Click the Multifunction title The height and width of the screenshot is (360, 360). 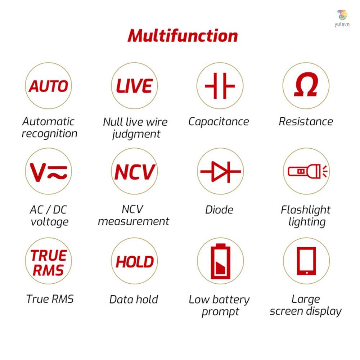click(183, 36)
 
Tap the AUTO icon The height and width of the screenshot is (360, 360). click(49, 86)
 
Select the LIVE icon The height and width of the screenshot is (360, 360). click(135, 86)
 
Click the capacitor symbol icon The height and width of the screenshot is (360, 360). click(220, 86)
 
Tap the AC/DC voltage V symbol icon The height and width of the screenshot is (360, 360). click(49, 171)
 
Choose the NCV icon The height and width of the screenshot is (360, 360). click(135, 171)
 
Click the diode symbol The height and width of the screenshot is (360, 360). click(220, 171)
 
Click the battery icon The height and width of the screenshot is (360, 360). click(220, 261)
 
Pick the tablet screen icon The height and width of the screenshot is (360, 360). click(306, 261)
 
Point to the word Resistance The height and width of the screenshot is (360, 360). click(306, 121)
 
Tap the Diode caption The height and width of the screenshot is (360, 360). click(219, 210)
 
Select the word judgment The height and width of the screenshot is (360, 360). click(136, 134)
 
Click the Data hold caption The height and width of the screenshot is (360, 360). click(134, 300)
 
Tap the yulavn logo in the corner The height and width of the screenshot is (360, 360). click(342, 19)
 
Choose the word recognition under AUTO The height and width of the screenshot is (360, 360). click(49, 134)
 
